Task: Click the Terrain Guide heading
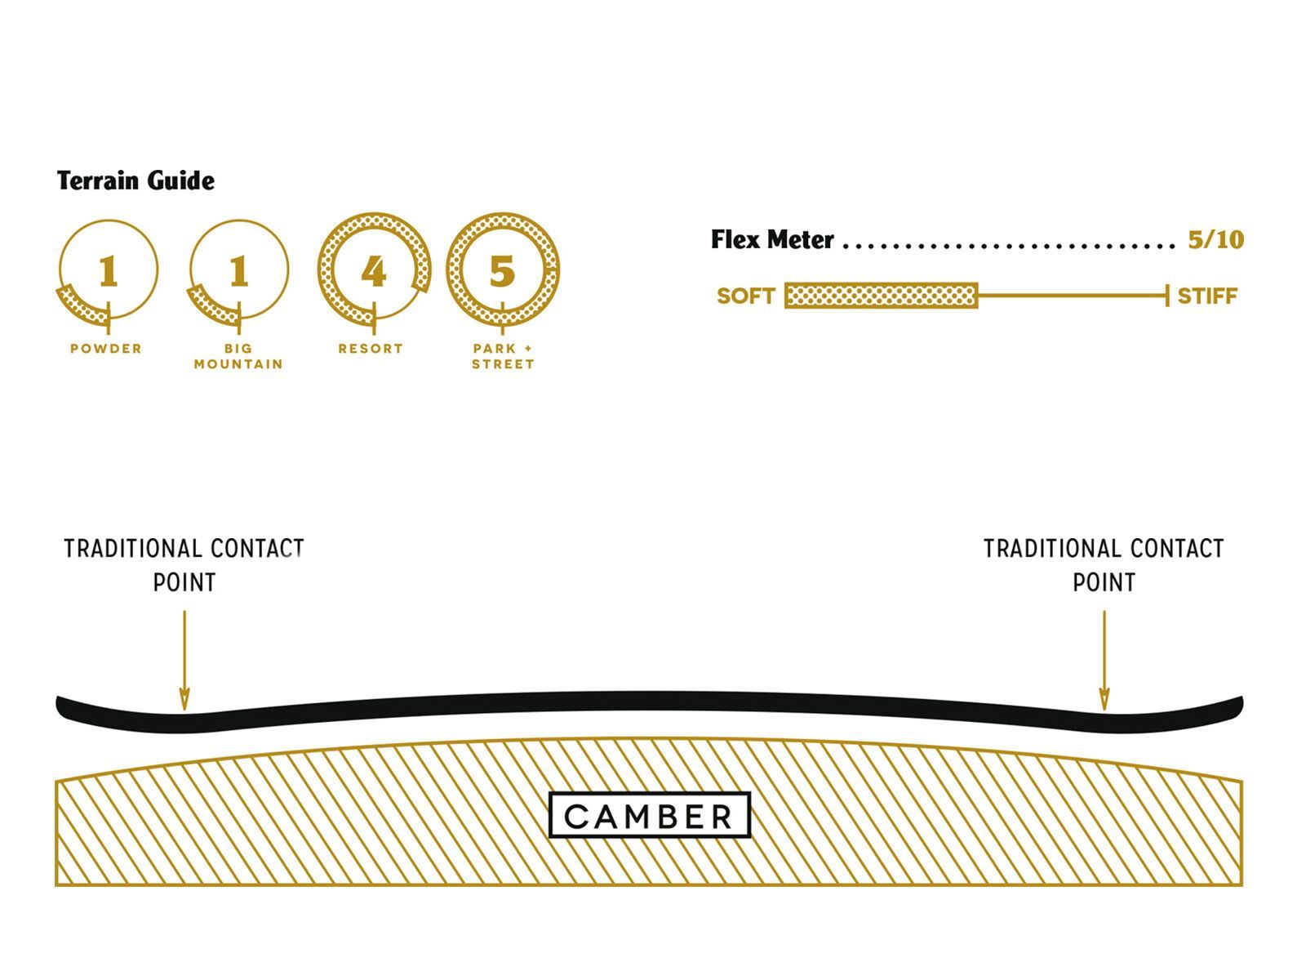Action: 135,180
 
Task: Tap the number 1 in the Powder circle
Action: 109,271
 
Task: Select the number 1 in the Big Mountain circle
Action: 238,271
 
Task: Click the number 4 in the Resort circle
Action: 373,271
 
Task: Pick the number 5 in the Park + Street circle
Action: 502,271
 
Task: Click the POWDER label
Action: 106,349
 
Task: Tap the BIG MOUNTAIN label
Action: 238,356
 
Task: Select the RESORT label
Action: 371,349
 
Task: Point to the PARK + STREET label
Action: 503,356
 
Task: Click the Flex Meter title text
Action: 772,240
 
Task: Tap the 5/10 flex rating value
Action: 1215,240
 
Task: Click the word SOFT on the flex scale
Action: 745,296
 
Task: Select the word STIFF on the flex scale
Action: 1207,296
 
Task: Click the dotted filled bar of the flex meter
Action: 881,296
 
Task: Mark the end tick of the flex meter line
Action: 1167,296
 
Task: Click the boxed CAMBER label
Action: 650,815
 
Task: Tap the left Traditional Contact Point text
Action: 184,565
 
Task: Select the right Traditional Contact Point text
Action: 1104,565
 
